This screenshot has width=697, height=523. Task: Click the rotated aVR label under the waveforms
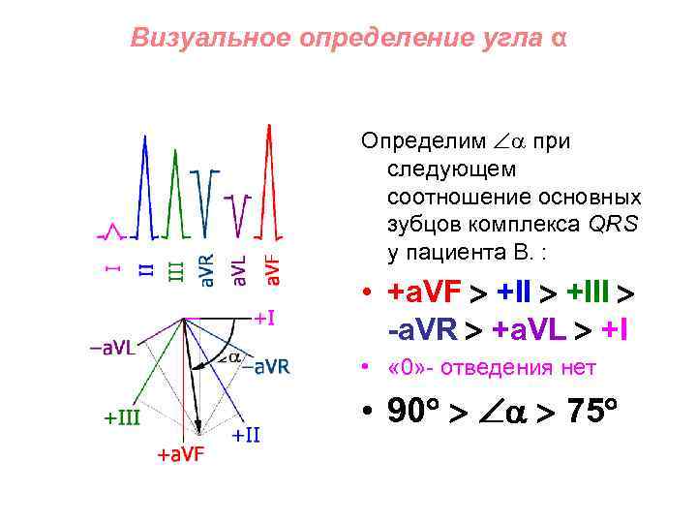[206, 270]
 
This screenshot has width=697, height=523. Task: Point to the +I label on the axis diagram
[264, 317]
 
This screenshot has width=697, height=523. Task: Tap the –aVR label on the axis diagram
[266, 366]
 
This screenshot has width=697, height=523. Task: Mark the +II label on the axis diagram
[246, 435]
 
